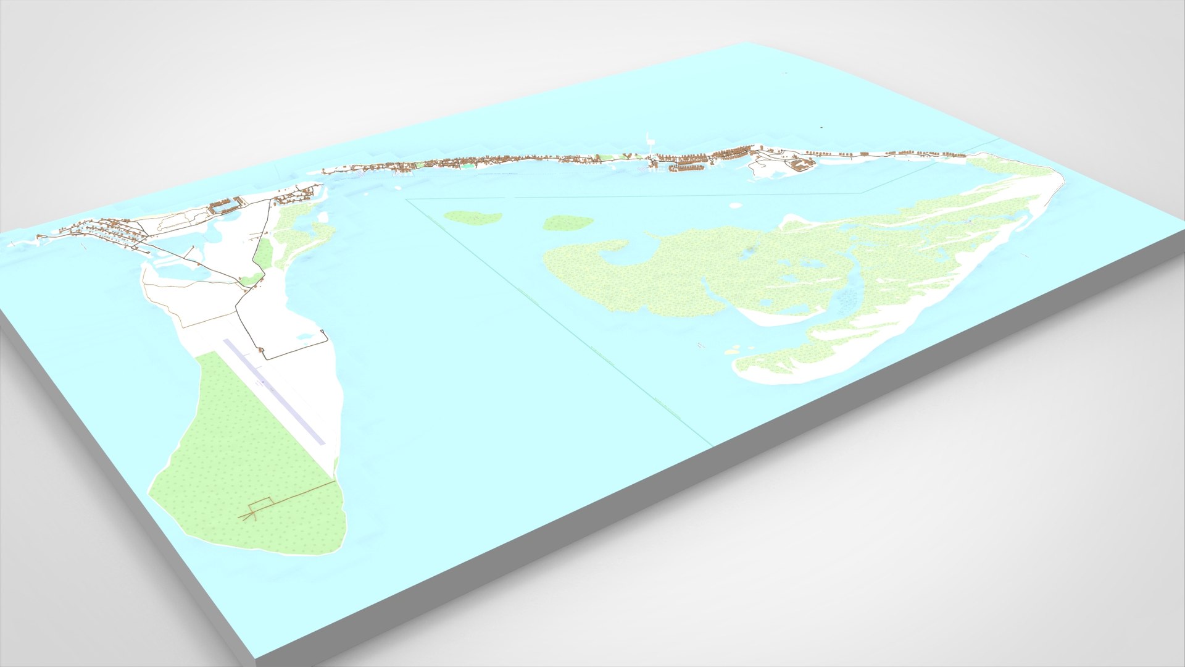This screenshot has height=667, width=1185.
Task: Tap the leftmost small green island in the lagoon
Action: click(473, 217)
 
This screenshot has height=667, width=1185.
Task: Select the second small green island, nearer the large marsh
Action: click(567, 222)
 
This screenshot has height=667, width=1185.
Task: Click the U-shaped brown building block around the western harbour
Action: click(225, 206)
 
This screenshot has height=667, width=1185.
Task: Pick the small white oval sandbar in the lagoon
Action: click(735, 205)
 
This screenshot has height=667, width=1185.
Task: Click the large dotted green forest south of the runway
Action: click(247, 457)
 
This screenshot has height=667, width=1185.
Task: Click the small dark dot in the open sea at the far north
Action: click(821, 127)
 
